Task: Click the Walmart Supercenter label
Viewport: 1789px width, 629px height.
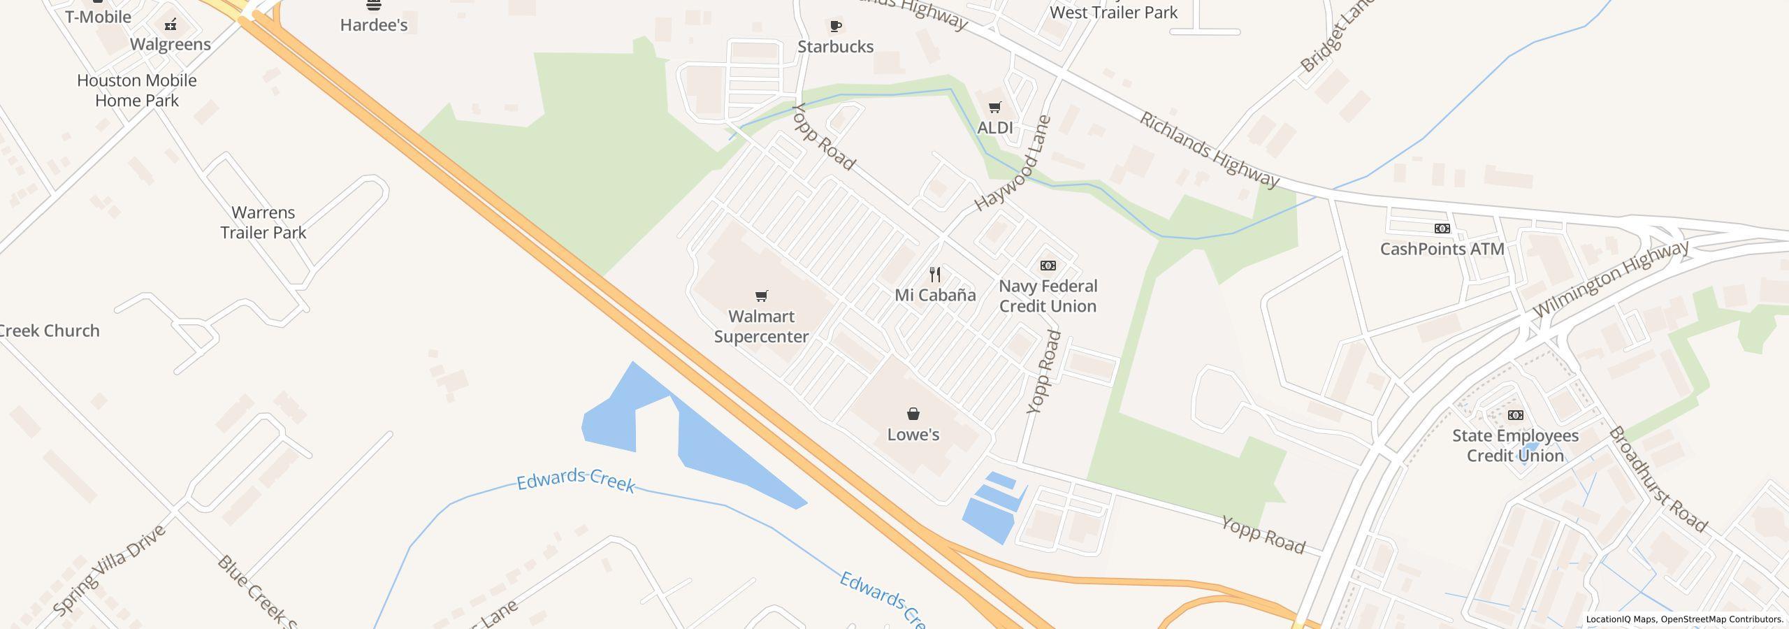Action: [x=761, y=326]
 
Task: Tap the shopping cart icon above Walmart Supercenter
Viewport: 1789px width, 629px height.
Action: [x=762, y=296]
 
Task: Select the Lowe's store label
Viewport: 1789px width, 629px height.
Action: [x=913, y=435]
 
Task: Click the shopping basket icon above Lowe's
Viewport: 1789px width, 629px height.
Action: [x=913, y=414]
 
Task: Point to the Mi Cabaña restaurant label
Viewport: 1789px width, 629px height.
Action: [x=935, y=295]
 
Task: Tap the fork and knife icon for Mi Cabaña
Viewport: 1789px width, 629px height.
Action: [x=935, y=274]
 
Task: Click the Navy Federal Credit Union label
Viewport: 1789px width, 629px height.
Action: [x=1048, y=296]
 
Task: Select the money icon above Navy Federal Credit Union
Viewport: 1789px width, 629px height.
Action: [x=1048, y=266]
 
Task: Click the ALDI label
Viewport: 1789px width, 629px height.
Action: [x=994, y=128]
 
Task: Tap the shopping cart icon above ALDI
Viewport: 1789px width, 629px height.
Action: [x=994, y=108]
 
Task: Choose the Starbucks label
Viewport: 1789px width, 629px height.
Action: [x=835, y=47]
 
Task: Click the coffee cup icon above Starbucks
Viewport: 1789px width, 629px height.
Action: [x=835, y=27]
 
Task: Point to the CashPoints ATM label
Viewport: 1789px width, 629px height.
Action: [x=1442, y=249]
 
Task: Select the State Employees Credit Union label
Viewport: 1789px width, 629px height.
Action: [x=1515, y=446]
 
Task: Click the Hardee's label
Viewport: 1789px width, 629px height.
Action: [x=374, y=25]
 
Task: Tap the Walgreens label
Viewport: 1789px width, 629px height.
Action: [x=171, y=45]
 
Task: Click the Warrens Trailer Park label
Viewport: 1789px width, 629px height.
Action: [x=263, y=222]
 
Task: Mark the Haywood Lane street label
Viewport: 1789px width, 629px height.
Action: [x=1013, y=164]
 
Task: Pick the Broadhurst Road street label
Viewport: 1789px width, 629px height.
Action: [x=1658, y=479]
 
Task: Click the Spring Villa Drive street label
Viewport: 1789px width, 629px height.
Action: [x=110, y=570]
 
